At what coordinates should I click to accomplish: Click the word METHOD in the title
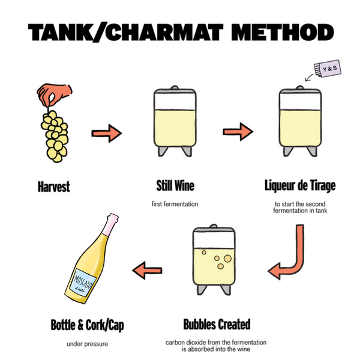click(x=283, y=32)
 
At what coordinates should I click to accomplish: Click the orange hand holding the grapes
click(x=54, y=94)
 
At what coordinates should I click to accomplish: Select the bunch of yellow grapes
click(x=55, y=136)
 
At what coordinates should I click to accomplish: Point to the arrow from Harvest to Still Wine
click(x=107, y=133)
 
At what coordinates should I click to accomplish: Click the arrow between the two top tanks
click(x=238, y=131)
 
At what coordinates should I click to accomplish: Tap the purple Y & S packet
click(x=328, y=68)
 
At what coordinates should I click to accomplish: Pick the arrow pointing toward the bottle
click(x=148, y=270)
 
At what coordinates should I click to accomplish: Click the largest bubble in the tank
click(x=227, y=259)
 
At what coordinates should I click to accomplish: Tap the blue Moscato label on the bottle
click(x=82, y=283)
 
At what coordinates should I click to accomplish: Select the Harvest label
click(x=54, y=187)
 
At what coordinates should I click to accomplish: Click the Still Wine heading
click(x=175, y=185)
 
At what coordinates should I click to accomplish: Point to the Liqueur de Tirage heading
click(x=300, y=185)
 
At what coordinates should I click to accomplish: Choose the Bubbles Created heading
click(x=217, y=324)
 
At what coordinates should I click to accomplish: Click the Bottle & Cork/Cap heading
click(x=87, y=325)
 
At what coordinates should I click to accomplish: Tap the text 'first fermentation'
click(x=175, y=204)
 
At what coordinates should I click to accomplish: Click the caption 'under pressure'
click(x=87, y=344)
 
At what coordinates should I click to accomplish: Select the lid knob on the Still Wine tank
click(x=175, y=88)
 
